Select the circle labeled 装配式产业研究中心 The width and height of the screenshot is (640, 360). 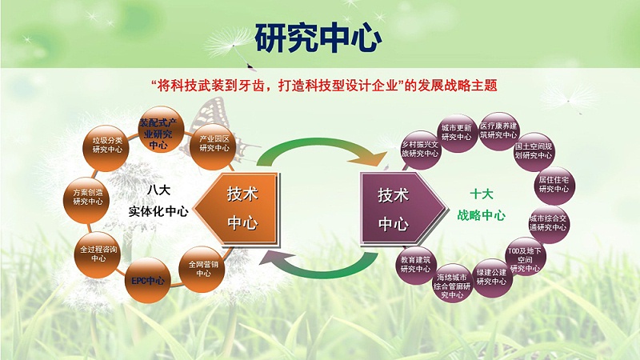click(158, 131)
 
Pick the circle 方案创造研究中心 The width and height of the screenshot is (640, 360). click(87, 197)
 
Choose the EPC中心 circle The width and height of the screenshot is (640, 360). click(148, 280)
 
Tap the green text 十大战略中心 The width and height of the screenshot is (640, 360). click(487, 205)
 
